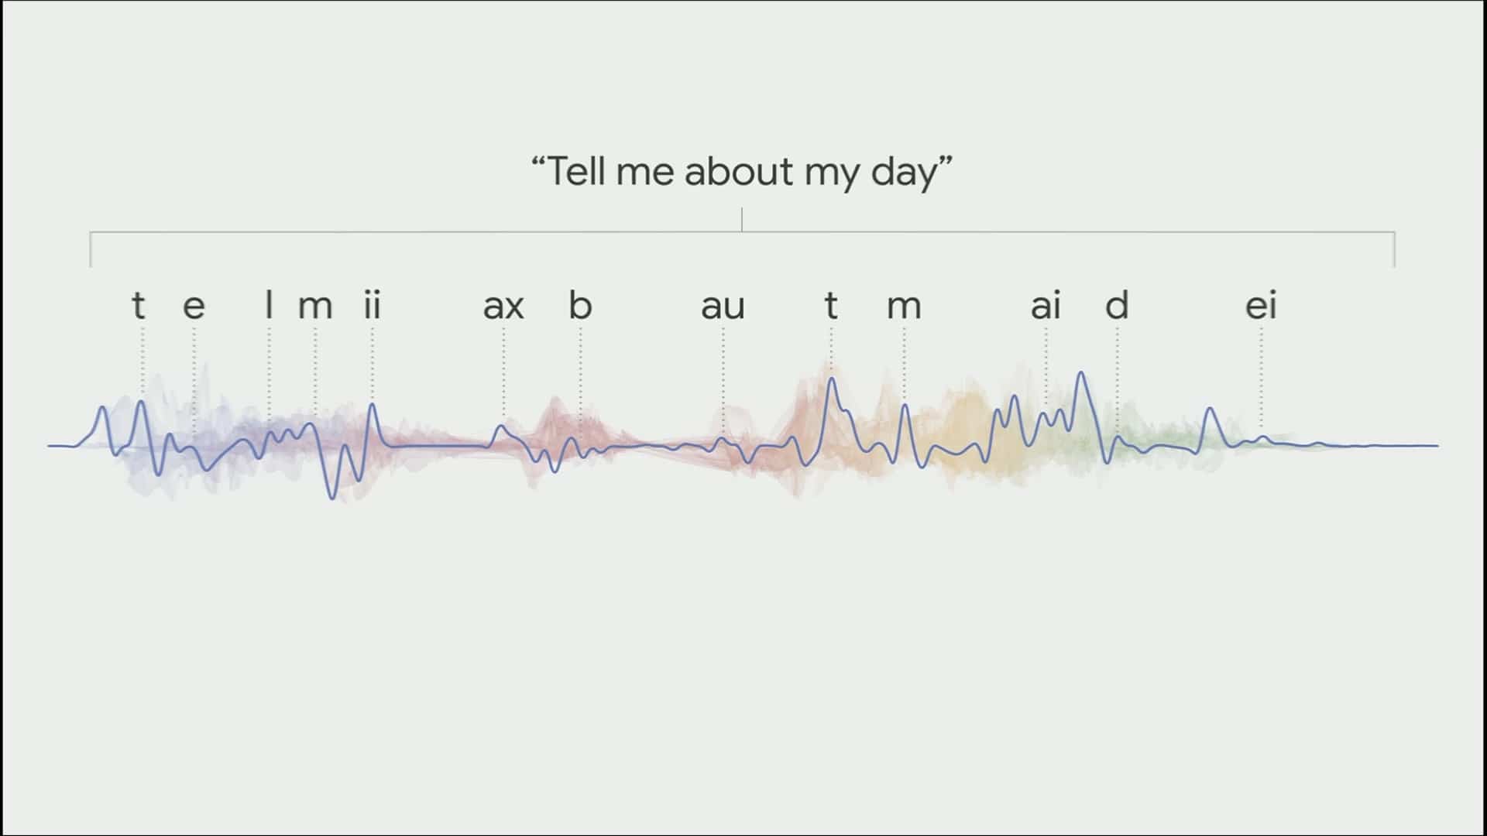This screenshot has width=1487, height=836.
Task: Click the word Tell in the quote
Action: coord(577,171)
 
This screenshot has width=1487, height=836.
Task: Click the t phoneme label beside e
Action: coord(139,306)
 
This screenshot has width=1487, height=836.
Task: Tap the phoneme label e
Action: coord(194,307)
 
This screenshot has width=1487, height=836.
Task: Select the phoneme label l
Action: coord(269,305)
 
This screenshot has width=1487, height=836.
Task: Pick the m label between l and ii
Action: coord(315,307)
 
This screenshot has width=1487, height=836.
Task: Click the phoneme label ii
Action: coord(373,305)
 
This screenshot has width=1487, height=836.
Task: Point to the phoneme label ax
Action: coord(503,307)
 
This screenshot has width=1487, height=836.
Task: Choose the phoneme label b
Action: coord(580,305)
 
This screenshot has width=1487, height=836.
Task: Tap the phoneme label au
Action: coord(723,307)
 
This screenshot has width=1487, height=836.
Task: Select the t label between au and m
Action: coord(831,306)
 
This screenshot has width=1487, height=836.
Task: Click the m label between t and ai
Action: coord(904,307)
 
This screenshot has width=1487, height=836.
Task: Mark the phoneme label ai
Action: coord(1046,306)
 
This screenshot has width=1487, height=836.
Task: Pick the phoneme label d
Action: coord(1117,305)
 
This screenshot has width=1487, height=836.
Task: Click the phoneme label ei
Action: coord(1261,306)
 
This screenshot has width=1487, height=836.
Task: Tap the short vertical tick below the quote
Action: coord(742,219)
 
